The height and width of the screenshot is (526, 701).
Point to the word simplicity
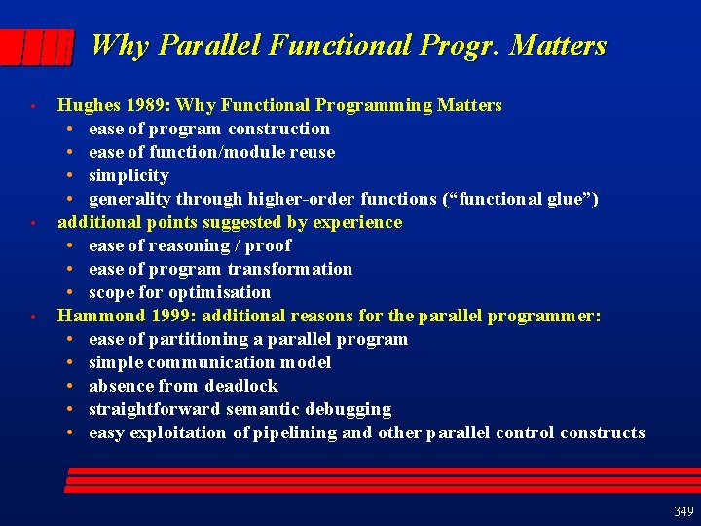tap(129, 175)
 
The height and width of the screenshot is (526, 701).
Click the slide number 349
tap(683, 511)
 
